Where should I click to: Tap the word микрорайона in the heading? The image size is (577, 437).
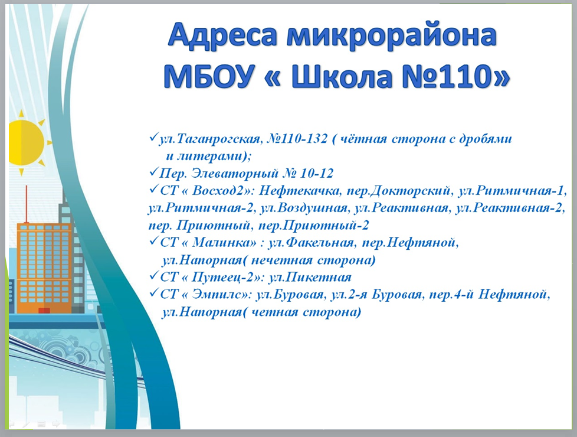point(393,37)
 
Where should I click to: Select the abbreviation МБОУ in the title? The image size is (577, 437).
point(209,76)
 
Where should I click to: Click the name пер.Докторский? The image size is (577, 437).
point(399,191)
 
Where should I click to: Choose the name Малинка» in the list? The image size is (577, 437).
point(224,243)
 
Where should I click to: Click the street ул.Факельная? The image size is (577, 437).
point(312,243)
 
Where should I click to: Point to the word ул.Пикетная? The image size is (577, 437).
point(310,278)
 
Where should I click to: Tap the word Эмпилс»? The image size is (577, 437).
point(221,295)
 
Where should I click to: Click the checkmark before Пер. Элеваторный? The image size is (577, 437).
point(154,172)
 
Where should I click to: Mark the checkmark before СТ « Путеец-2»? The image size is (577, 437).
point(154,276)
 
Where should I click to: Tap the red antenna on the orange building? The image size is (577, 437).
point(26,204)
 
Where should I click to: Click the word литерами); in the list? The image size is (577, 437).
point(208,156)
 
